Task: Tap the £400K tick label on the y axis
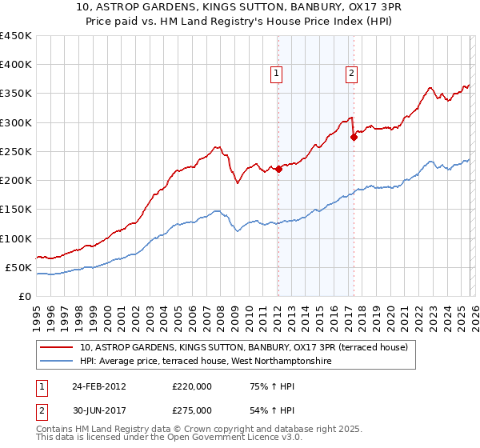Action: point(16,65)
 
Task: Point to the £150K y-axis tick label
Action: point(16,210)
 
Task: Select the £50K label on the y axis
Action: point(19,267)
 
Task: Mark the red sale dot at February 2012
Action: point(278,169)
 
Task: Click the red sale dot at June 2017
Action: point(354,137)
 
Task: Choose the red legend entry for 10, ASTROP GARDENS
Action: point(245,347)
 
